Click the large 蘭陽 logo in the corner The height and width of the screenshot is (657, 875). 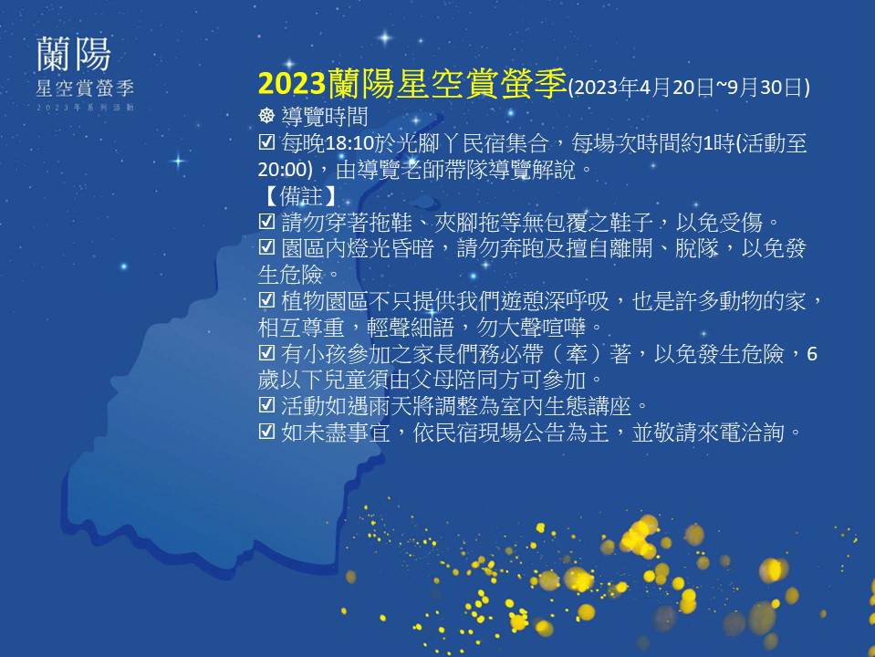click(x=74, y=54)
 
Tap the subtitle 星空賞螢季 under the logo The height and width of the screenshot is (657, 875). click(x=85, y=89)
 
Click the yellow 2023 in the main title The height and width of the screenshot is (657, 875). click(x=292, y=84)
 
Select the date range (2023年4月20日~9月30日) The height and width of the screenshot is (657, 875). click(x=689, y=88)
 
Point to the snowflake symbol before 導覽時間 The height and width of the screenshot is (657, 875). click(x=267, y=116)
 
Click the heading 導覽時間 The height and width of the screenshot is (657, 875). click(x=325, y=116)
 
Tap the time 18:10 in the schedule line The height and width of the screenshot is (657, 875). click(x=349, y=144)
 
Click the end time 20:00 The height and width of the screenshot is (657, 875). click(x=282, y=170)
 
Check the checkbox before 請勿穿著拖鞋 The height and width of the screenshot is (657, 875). click(x=266, y=222)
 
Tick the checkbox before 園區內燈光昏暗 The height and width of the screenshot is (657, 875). click(x=266, y=248)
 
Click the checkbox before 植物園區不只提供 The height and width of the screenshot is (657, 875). click(x=266, y=301)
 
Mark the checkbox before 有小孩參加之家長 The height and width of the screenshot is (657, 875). click(x=266, y=353)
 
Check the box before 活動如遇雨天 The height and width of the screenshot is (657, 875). click(x=266, y=405)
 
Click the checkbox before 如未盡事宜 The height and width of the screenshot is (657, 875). click(x=266, y=432)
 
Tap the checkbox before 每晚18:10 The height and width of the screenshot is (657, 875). click(x=266, y=143)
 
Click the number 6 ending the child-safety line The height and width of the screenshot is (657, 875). click(x=812, y=354)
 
